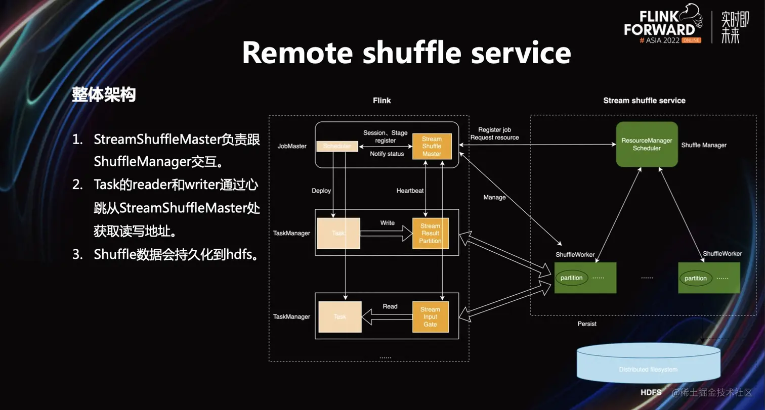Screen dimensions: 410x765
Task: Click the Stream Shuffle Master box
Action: [x=432, y=146]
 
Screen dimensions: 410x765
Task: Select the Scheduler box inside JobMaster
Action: [x=337, y=146]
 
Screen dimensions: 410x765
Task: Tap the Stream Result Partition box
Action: [x=431, y=233]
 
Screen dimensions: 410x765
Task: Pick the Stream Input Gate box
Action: [x=430, y=317]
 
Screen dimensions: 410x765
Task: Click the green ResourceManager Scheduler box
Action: [x=647, y=145]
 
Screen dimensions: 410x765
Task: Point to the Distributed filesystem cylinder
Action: [x=648, y=363]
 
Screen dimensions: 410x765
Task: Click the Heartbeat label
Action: [x=410, y=191]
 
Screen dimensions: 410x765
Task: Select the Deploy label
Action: [x=321, y=191]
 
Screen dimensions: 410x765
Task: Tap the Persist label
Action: [x=587, y=324]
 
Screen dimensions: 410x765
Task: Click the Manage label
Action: [x=494, y=197]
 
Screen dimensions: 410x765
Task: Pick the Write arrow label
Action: [x=388, y=223]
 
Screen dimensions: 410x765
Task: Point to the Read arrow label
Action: [x=390, y=306]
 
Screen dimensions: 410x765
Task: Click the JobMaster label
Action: [x=292, y=146]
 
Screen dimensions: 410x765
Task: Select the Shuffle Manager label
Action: [x=704, y=145]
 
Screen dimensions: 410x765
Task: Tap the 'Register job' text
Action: [x=494, y=130]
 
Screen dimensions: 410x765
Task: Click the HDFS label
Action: [x=651, y=392]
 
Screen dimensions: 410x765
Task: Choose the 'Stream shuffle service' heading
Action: [x=644, y=101]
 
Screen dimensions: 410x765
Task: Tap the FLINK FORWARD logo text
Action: [x=659, y=23]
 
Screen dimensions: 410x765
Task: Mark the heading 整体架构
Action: [x=104, y=95]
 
